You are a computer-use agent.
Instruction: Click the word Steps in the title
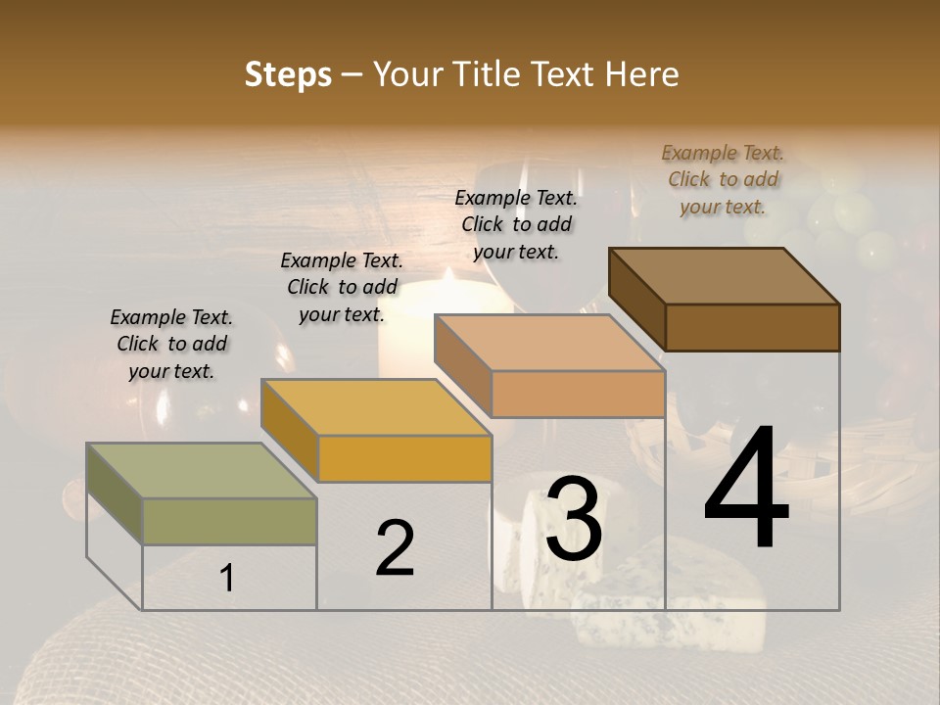point(288,74)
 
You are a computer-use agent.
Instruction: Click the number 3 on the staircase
point(574,519)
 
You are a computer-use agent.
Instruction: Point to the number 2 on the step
point(395,548)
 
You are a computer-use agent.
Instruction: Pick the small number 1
point(226,579)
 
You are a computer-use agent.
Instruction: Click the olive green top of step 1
point(201,471)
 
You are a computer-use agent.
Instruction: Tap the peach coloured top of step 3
point(548,343)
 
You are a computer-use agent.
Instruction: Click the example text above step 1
point(171,344)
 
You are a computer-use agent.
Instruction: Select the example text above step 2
point(342,287)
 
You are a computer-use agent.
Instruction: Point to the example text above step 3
point(516,224)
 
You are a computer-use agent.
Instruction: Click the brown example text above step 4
point(723,179)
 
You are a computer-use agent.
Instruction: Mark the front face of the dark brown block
point(752,327)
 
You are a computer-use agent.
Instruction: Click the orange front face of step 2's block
point(404,458)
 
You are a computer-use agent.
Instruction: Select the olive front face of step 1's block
point(229,521)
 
